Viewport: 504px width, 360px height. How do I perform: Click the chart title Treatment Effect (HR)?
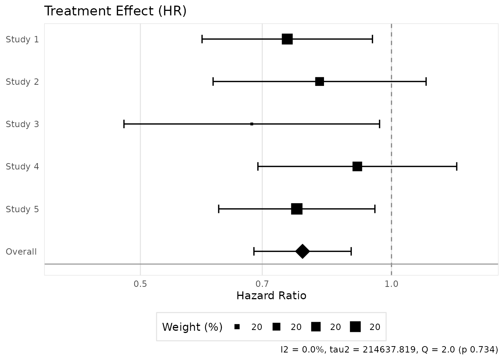[x=115, y=11]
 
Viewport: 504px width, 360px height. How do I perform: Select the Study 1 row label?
[x=22, y=39]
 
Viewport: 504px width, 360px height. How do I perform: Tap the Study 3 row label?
[x=22, y=124]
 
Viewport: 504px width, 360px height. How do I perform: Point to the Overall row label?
[x=21, y=252]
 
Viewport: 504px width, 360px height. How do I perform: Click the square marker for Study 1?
[x=287, y=39]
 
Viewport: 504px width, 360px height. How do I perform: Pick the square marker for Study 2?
[x=319, y=82]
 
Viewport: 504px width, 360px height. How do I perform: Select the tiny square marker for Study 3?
[x=252, y=124]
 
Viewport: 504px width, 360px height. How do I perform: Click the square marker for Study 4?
[x=357, y=166]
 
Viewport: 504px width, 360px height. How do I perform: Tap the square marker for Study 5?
[x=297, y=209]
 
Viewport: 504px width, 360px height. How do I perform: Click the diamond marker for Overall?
[x=303, y=251]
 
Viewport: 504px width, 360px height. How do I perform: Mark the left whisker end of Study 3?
[x=124, y=124]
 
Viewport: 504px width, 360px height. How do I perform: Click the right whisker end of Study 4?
[x=456, y=166]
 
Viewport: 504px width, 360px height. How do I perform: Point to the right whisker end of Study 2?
[x=426, y=82]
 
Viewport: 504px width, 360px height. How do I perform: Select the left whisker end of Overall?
[x=254, y=251]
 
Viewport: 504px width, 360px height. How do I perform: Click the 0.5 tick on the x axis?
[x=140, y=284]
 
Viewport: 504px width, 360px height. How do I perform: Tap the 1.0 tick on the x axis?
[x=391, y=284]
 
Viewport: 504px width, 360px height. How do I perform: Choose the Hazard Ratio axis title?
[x=271, y=296]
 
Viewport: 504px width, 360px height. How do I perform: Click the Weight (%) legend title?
[x=192, y=327]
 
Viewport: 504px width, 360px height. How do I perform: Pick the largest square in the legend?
[x=355, y=327]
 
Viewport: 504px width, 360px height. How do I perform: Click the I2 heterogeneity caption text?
[x=389, y=349]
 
